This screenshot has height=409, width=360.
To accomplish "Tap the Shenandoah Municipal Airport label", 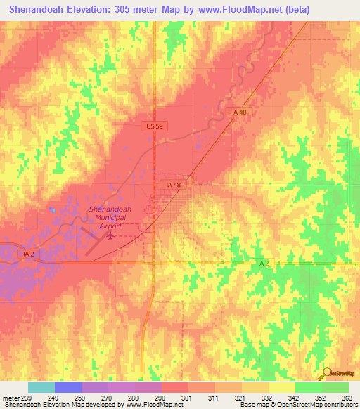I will (x=107, y=218).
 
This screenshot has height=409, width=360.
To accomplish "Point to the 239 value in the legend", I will (x=25, y=397).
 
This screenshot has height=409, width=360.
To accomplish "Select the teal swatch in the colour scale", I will (x=41, y=387).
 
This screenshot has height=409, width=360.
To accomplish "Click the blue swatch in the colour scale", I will (x=68, y=387).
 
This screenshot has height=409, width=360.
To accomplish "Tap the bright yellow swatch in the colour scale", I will (x=281, y=387).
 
